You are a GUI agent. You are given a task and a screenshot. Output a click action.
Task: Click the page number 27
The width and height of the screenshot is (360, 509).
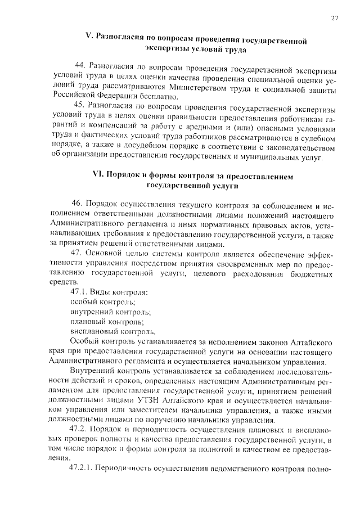335,18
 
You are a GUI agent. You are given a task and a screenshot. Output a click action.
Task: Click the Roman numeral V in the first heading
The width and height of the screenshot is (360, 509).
88,40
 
